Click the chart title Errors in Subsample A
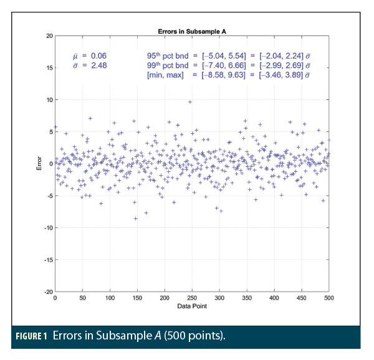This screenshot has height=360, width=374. [x=192, y=31]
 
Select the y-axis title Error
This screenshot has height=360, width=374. [x=39, y=164]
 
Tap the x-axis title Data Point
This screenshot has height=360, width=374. [x=192, y=306]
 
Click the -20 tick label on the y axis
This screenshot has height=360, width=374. [x=48, y=291]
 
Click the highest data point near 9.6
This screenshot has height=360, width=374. [x=190, y=102]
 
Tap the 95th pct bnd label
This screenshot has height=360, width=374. [x=167, y=55]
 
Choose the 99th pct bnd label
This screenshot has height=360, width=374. [x=167, y=65]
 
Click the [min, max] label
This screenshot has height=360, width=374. [x=167, y=75]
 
